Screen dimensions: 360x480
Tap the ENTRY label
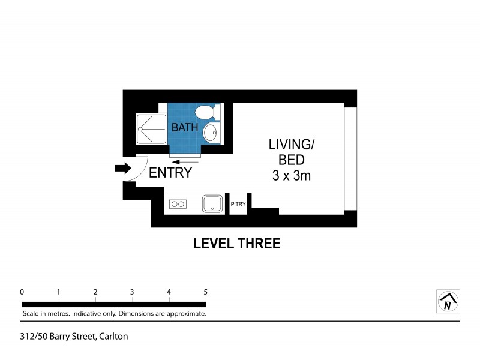pos(170,173)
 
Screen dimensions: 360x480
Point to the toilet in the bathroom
pos(205,112)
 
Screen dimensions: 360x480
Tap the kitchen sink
pos(212,204)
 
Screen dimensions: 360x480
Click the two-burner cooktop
pos(178,205)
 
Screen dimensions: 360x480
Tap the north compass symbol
pos(447,301)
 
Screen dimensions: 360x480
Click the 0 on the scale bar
pos(22,292)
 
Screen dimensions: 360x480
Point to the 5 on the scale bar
pos(206,292)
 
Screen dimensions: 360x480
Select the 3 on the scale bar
pos(132,292)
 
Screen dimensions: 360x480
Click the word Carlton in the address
pos(113,337)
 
